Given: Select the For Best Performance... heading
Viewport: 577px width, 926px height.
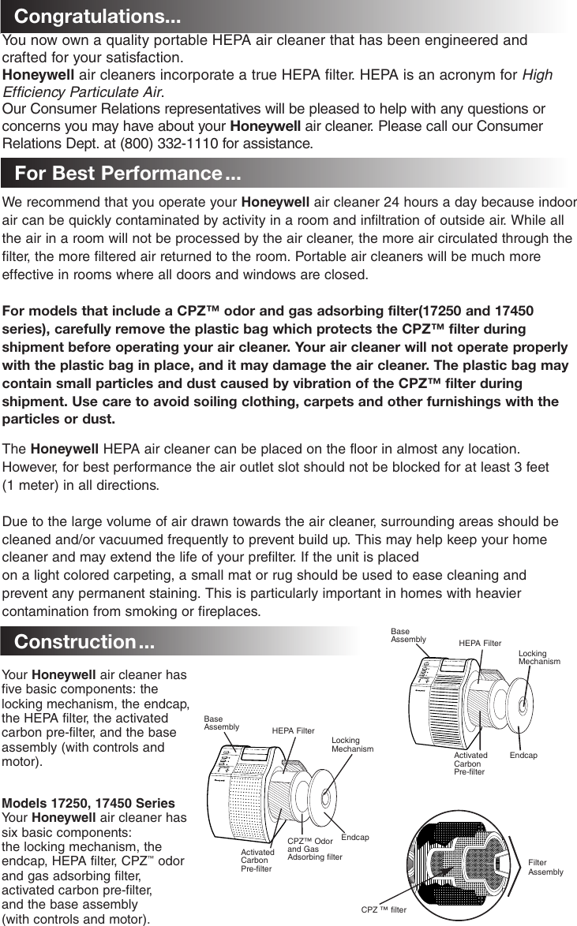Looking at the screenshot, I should coord(127,173).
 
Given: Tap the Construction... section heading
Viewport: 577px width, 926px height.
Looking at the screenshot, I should coord(84,641).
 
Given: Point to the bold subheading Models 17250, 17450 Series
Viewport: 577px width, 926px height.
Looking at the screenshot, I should coord(89,803).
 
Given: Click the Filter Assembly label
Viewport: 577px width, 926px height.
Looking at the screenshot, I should coord(545,867).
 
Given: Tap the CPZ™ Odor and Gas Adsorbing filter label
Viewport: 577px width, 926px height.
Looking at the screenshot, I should coord(314,849).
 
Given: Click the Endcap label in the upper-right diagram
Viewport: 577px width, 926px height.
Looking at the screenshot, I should coord(523,756).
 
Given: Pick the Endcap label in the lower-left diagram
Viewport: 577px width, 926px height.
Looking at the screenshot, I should coord(355,837).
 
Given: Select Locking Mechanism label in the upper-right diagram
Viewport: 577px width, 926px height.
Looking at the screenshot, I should coord(539,658).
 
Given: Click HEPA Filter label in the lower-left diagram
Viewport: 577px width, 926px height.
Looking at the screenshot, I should coord(293,731).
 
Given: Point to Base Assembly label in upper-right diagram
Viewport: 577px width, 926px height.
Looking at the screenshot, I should coord(408,636).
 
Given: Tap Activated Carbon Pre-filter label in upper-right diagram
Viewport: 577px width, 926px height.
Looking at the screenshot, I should coord(471,764).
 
